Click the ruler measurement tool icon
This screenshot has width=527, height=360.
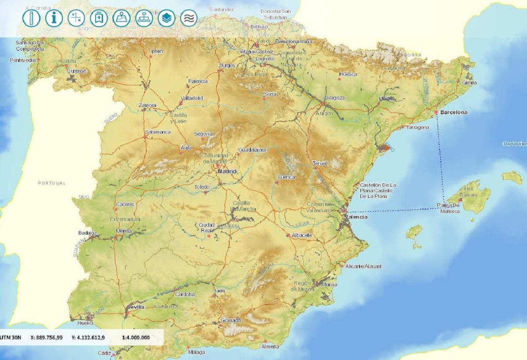coord(31,18)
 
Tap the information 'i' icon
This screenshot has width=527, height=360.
coord(54,18)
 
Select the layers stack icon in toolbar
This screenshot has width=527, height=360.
coord(166,18)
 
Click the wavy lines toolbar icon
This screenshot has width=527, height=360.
coord(189,18)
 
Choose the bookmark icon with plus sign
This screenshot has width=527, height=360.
coord(99,18)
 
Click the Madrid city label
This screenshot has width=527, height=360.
coord(227,171)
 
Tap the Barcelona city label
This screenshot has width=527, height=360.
coord(454,113)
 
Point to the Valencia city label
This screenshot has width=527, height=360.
coord(357,217)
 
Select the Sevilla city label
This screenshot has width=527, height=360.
coord(135,307)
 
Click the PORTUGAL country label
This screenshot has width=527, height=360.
coord(51,183)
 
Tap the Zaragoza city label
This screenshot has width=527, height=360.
coord(334,98)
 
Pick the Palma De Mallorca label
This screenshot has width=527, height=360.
coord(450,208)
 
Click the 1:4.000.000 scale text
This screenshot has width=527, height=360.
coord(136,338)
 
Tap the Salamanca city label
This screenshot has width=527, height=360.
coord(158,132)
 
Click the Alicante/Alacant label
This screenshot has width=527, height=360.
coord(364,266)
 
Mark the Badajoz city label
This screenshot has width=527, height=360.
coord(87,233)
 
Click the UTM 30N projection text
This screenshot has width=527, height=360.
coord(11,338)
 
